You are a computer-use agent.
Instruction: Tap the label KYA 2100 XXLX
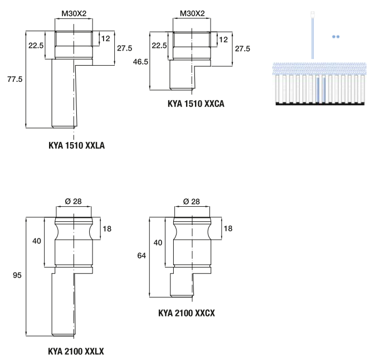pyautogui.click(x=76, y=352)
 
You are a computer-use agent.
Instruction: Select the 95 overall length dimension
pyautogui.click(x=17, y=276)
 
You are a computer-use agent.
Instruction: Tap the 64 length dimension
pyautogui.click(x=142, y=256)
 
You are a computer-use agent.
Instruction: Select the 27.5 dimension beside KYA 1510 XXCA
pyautogui.click(x=242, y=48)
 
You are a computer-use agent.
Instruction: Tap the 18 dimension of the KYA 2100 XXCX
pyautogui.click(x=227, y=228)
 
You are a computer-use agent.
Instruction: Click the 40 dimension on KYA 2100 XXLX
pyautogui.click(x=36, y=241)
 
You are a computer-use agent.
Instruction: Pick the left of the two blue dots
pyautogui.click(x=333, y=36)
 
